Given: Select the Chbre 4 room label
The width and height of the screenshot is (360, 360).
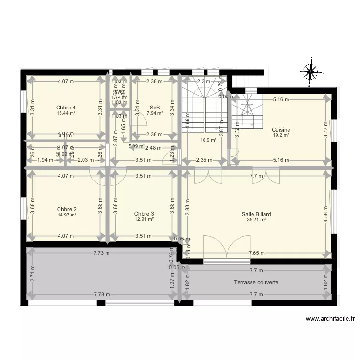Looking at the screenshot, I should click(66, 108).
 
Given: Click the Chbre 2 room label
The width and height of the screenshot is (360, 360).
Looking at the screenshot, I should click(66, 209).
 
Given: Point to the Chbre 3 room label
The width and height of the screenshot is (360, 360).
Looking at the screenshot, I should click(144, 214).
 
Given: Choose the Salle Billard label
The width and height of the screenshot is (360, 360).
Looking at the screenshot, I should click(256, 214).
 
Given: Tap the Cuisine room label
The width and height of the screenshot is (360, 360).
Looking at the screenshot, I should click(281, 130).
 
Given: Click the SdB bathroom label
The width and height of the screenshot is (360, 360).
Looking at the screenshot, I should click(155, 108).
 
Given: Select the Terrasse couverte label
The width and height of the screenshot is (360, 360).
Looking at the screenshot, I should click(256, 282).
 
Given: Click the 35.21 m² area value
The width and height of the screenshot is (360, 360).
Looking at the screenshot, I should click(256, 220).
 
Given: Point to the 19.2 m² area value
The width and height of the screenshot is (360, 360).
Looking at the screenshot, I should click(281, 135).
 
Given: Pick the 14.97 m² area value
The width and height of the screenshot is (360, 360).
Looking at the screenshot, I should click(66, 215).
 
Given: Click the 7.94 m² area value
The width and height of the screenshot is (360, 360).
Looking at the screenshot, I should click(155, 114).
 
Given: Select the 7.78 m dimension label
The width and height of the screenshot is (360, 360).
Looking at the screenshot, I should click(102, 295).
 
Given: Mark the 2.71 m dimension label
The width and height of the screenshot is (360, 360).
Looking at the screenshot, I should click(32, 277).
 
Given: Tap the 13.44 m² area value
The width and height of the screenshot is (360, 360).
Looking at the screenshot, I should click(66, 114).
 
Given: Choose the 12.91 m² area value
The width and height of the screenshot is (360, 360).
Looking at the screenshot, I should click(144, 219).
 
